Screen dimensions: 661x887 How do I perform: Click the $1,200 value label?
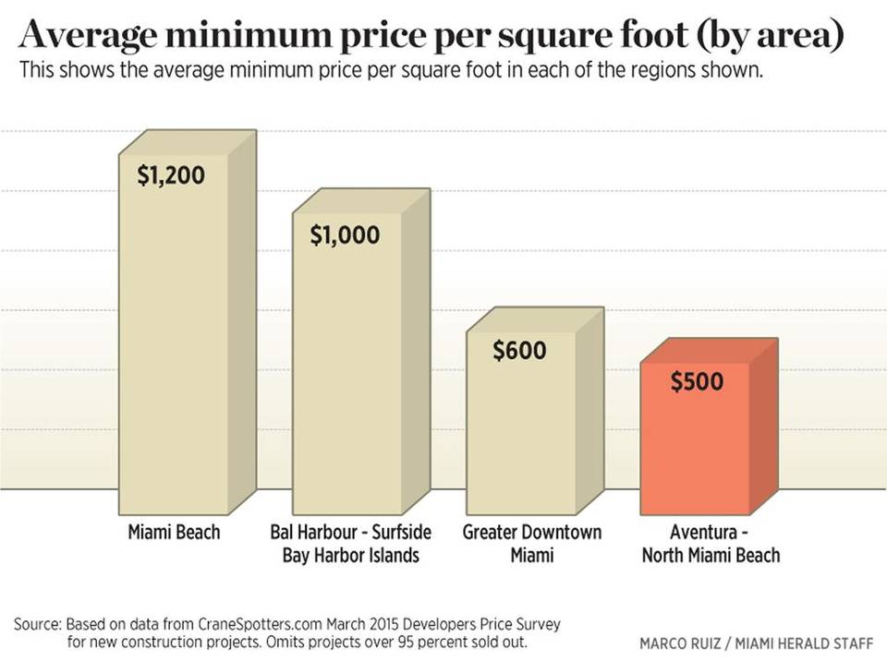171,175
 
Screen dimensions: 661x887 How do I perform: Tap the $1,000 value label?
345,235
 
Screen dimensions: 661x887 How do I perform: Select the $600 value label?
519,351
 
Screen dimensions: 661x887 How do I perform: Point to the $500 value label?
697,382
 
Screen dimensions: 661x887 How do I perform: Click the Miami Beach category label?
174,533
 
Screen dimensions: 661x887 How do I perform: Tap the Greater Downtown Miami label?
531,544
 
